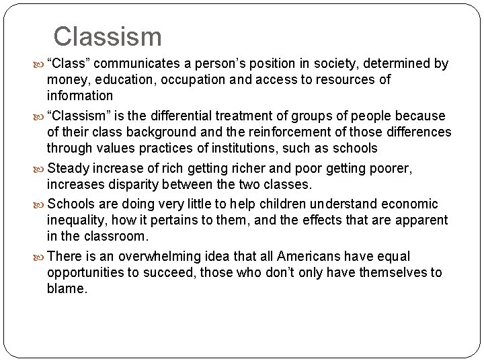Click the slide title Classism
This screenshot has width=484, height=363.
coord(108,36)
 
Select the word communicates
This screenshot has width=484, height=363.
coord(139,64)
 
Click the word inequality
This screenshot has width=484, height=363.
coord(75,219)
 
